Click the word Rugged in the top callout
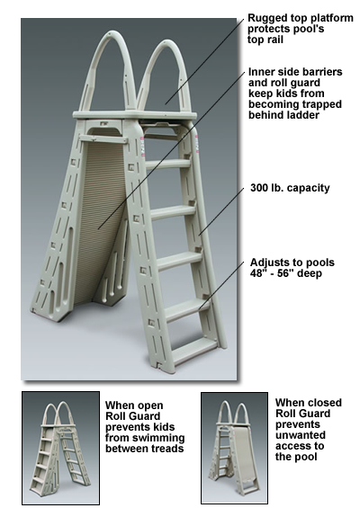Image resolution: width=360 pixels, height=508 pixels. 265,18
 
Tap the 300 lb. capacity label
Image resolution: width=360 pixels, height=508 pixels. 290,188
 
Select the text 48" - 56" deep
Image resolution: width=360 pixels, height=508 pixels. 285,273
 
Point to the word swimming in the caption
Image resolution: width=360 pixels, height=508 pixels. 157,438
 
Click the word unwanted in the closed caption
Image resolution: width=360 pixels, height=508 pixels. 301,435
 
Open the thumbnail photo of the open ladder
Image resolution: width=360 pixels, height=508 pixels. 60,448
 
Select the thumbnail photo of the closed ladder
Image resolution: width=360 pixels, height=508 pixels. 234,448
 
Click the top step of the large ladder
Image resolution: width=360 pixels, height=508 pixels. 167,164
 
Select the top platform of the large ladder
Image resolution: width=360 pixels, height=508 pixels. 135,115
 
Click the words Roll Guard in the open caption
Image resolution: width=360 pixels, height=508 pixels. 133,416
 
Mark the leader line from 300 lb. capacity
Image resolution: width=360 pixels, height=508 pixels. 221,210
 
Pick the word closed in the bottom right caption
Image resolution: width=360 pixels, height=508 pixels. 324,403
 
